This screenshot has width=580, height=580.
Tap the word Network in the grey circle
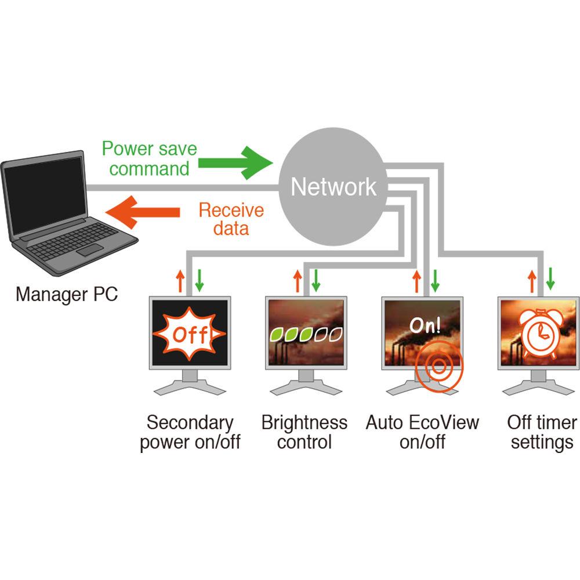click(333, 187)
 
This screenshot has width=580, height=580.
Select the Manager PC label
click(67, 294)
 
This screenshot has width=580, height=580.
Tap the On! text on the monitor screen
click(425, 325)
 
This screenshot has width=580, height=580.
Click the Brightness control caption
click(304, 432)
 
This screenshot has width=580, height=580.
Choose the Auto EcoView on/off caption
click(422, 432)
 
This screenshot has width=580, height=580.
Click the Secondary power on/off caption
click(190, 432)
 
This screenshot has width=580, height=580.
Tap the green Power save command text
click(150, 158)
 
